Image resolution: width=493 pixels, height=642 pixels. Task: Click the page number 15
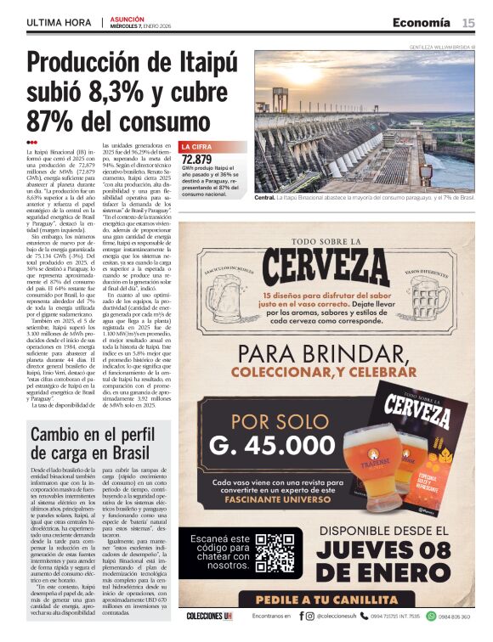(x=468, y=22)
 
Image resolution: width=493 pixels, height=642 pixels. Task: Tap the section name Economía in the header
(x=422, y=22)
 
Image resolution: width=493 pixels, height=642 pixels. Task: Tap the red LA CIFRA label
(x=196, y=147)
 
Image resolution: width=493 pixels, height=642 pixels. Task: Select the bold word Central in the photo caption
(x=265, y=197)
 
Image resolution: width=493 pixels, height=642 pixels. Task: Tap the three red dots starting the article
(x=31, y=142)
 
